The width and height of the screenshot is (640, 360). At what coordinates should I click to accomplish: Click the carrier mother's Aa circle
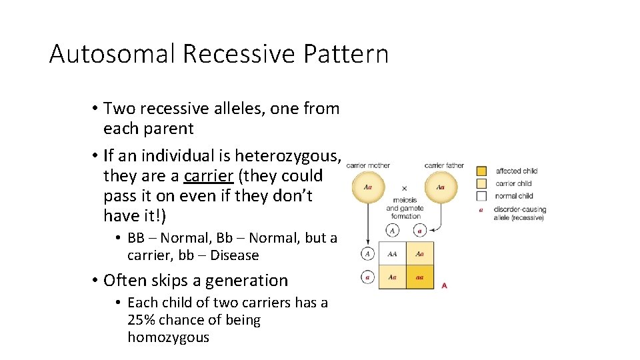click(x=368, y=187)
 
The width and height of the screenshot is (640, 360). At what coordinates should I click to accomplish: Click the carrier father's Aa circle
click(x=441, y=187)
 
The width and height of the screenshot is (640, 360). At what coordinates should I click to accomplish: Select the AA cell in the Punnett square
click(x=393, y=253)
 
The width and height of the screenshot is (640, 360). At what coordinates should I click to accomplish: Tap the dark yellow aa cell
click(x=420, y=277)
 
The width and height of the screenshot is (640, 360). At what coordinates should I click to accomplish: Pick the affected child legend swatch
click(x=481, y=171)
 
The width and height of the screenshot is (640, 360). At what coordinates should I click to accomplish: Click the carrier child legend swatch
click(x=481, y=183)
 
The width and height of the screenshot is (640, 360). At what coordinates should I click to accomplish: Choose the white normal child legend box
click(x=481, y=196)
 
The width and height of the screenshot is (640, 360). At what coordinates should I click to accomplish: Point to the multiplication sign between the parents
click(x=404, y=189)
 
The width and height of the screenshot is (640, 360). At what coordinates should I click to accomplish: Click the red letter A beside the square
click(x=445, y=285)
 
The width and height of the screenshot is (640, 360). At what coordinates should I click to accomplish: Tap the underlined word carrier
click(x=206, y=176)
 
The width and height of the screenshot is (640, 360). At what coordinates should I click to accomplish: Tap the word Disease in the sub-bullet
click(x=234, y=255)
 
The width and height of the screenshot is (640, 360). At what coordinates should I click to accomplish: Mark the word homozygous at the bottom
click(x=168, y=337)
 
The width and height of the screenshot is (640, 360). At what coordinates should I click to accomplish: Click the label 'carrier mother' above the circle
click(x=369, y=165)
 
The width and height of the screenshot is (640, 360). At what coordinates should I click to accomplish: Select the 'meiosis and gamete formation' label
click(x=405, y=207)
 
